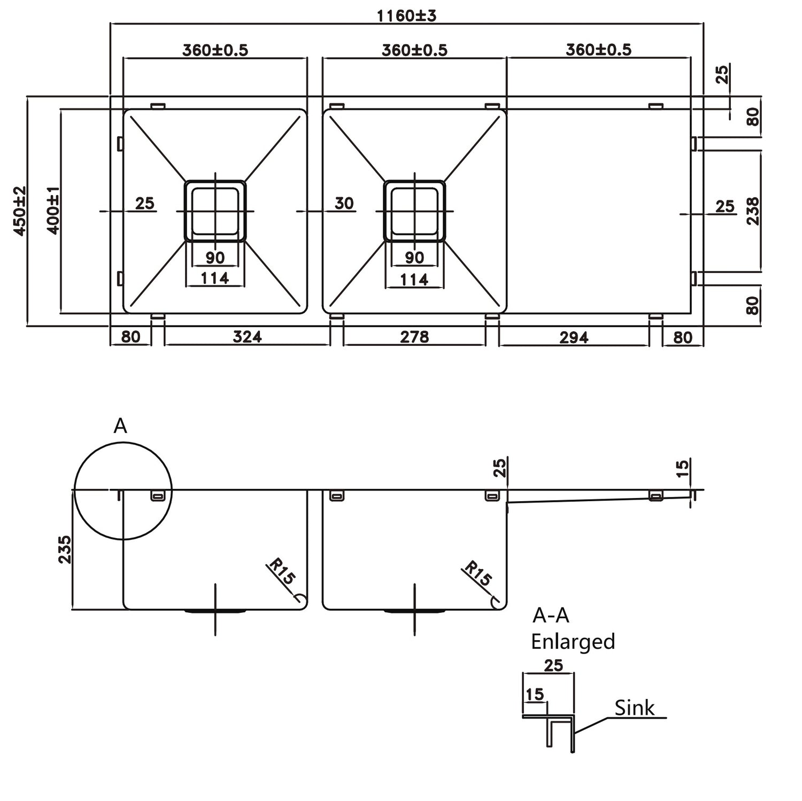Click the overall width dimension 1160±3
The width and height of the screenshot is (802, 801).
[x=406, y=15]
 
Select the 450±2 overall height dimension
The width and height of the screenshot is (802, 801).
[x=19, y=211]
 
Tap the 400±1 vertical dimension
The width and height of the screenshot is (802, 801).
[x=53, y=211]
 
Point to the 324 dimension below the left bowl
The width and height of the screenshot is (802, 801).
[x=247, y=337]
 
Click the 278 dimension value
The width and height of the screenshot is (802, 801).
[x=414, y=337]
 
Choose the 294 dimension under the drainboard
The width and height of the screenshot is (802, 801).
[x=574, y=337]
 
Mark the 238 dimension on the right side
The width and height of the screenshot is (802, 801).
[x=752, y=211]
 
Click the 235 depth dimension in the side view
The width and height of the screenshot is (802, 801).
[x=64, y=549]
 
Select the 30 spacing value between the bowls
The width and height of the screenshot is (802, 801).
[x=344, y=203]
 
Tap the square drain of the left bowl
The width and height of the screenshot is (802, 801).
[x=215, y=211]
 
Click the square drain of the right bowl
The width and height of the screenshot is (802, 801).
[x=414, y=211]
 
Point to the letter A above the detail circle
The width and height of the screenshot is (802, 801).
[x=120, y=426]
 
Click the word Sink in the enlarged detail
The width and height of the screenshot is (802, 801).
[x=634, y=708]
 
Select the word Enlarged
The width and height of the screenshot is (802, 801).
[x=573, y=641]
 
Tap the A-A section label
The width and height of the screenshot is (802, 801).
[x=551, y=616]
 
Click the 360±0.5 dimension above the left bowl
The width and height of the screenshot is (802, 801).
[x=215, y=50]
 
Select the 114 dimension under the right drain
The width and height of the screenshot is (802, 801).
[x=414, y=279]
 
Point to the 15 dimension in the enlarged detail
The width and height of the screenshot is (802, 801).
[x=535, y=694]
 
